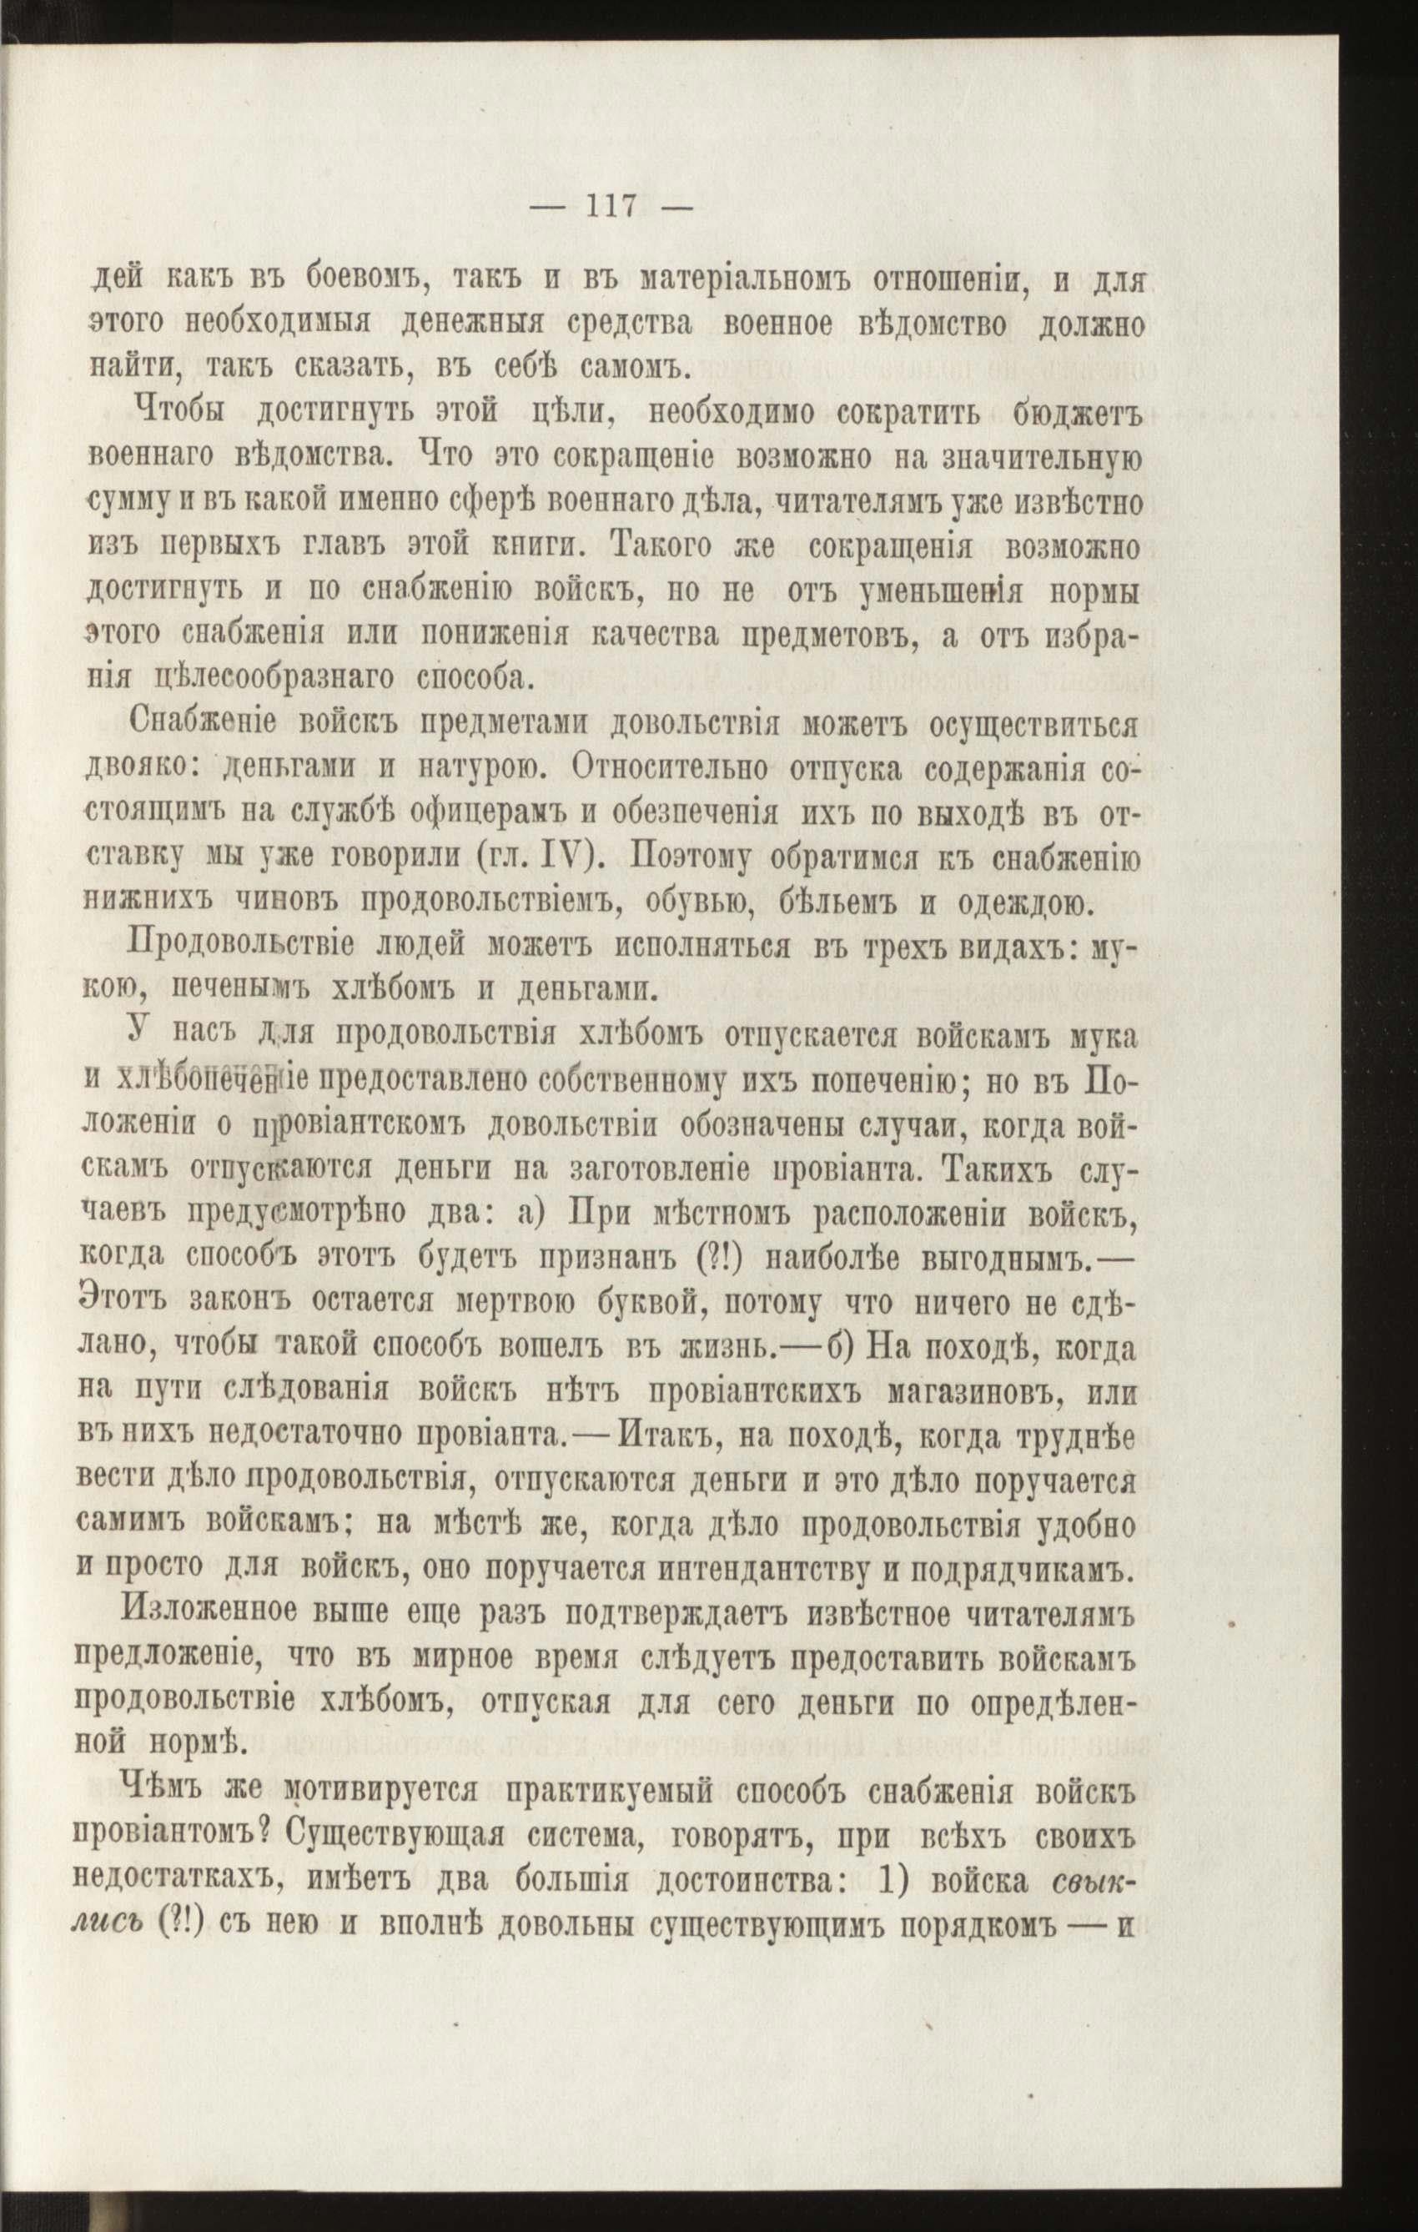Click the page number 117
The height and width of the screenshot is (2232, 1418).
pos(610,205)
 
